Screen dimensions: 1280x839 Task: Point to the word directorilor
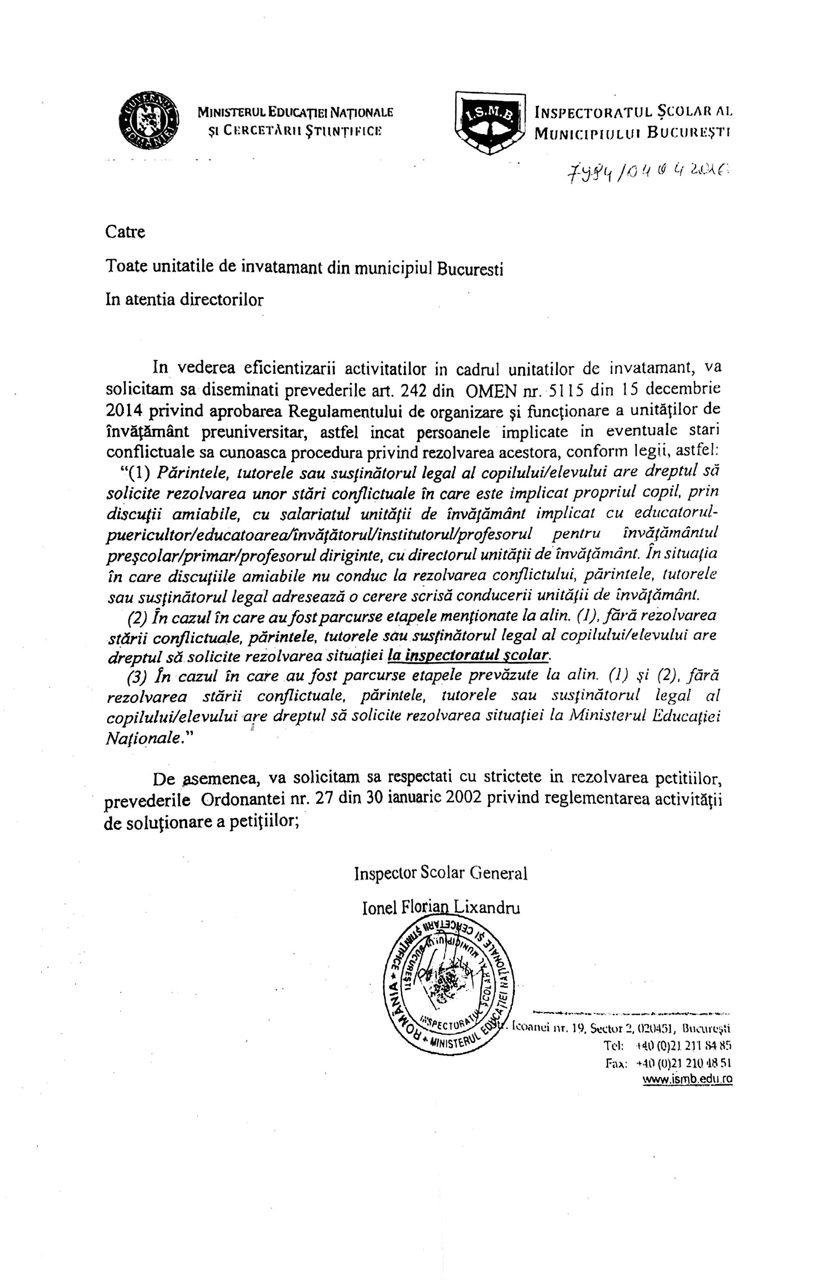(222, 300)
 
